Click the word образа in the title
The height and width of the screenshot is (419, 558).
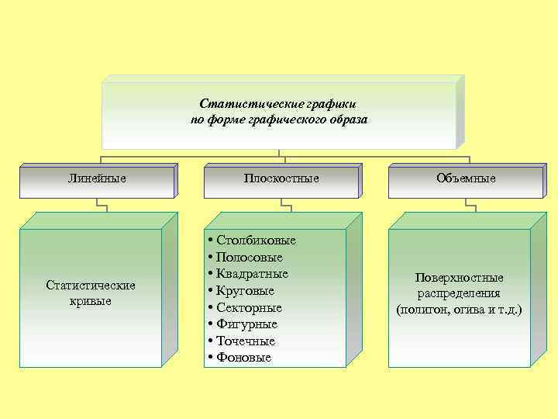pyautogui.click(x=346, y=119)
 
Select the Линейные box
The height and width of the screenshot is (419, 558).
pyautogui.click(x=97, y=178)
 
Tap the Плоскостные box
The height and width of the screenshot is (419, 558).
pyautogui.click(x=281, y=178)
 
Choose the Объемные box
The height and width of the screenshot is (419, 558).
pyautogui.click(x=466, y=178)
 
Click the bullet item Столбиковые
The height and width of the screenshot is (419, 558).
pyautogui.click(x=256, y=241)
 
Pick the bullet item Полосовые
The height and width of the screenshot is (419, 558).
pyautogui.click(x=250, y=257)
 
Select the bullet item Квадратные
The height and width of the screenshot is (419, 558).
pyautogui.click(x=253, y=274)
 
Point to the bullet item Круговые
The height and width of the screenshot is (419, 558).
pyautogui.click(x=247, y=291)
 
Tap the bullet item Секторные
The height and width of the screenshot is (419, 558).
pyautogui.click(x=250, y=307)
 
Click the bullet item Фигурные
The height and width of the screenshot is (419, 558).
pyautogui.click(x=247, y=324)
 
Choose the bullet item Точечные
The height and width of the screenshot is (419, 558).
pyautogui.click(x=247, y=341)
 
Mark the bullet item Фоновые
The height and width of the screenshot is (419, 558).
pyautogui.click(x=244, y=358)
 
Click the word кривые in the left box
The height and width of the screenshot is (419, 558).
pyautogui.click(x=91, y=300)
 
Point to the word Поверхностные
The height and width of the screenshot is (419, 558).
pyautogui.click(x=459, y=278)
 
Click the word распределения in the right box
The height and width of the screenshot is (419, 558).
pyautogui.click(x=459, y=294)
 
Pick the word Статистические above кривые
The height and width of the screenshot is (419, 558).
pyautogui.click(x=91, y=285)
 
